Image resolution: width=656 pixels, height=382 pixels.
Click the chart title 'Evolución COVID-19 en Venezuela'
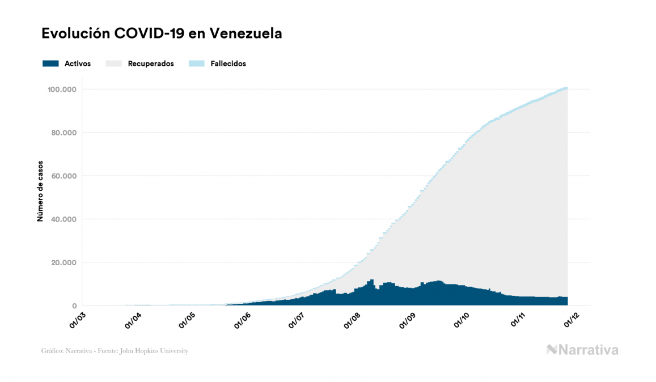tap(162, 33)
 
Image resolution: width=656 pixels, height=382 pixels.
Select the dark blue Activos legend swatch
tap(50, 63)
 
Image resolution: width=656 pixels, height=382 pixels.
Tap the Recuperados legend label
tap(151, 63)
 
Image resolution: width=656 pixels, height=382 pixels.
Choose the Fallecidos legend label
tap(228, 63)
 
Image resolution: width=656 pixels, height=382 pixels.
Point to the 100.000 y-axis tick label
tap(62, 90)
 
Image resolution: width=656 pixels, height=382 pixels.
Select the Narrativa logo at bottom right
tap(582, 350)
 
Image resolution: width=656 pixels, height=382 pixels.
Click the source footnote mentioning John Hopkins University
tap(115, 351)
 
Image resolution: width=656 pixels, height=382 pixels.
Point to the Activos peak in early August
tap(372, 280)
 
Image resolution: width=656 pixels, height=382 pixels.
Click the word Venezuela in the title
tap(246, 33)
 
